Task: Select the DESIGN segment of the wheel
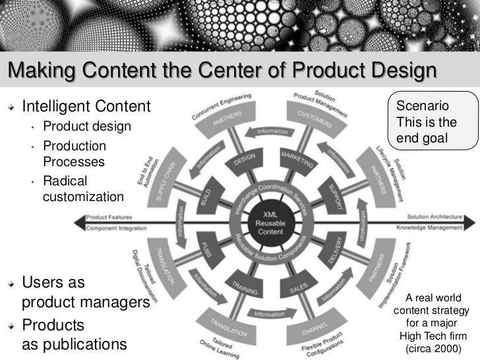(245, 160)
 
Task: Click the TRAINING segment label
(244, 288)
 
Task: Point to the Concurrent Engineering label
(222, 106)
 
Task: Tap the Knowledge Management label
(429, 228)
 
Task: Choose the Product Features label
(109, 216)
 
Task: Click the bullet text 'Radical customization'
(82, 188)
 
